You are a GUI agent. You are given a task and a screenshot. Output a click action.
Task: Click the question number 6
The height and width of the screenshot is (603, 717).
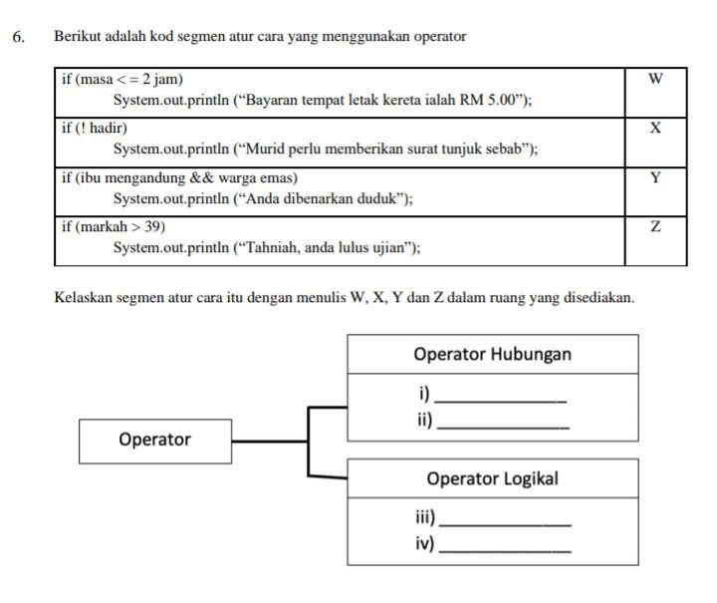[18, 37]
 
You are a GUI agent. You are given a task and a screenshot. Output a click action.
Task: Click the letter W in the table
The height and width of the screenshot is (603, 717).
[655, 79]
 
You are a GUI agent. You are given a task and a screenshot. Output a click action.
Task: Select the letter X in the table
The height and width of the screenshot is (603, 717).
[655, 128]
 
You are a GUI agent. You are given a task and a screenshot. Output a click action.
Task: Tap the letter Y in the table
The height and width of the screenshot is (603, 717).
[655, 177]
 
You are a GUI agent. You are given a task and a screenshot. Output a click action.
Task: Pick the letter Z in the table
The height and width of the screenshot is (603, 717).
[655, 226]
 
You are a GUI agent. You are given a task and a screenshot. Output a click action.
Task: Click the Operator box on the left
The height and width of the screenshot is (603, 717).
[155, 442]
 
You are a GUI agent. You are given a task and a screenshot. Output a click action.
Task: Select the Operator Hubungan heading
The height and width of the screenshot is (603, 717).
[493, 354]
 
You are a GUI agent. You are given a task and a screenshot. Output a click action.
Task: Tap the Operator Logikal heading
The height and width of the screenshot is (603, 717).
[493, 478]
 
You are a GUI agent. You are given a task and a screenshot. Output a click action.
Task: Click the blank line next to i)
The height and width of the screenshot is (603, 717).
[500, 402]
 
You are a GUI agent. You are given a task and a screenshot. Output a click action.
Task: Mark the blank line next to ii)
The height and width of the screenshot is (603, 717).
[503, 428]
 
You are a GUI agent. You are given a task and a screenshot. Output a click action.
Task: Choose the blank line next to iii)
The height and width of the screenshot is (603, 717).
[505, 525]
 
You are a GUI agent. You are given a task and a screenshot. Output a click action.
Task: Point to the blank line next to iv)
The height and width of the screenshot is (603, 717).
[505, 551]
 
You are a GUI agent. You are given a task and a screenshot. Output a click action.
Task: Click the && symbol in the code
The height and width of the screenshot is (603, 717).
[201, 177]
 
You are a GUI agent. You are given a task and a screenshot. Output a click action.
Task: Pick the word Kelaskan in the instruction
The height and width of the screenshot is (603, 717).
[84, 298]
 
